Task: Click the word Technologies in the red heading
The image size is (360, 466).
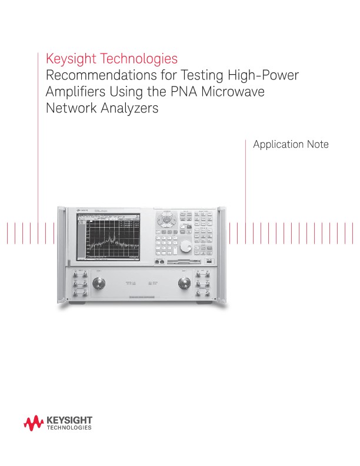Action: (x=138, y=59)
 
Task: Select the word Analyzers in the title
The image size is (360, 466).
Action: (x=125, y=109)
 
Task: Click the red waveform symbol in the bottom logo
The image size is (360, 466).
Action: (x=34, y=422)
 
